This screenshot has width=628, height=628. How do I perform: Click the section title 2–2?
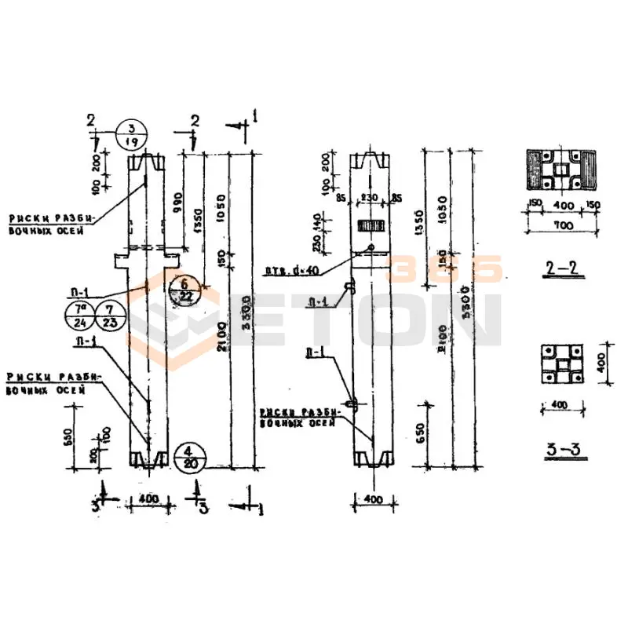coord(561,268)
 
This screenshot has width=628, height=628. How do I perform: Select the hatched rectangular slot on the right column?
coord(370,225)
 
